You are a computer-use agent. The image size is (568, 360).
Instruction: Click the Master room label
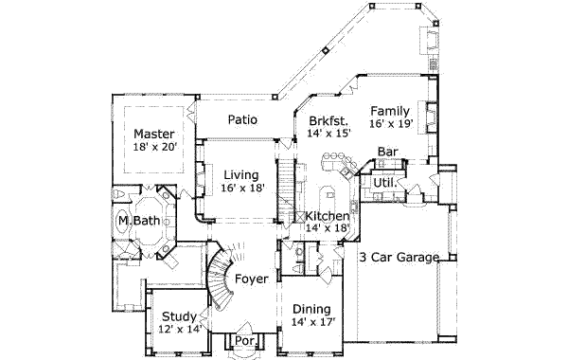pos(153,134)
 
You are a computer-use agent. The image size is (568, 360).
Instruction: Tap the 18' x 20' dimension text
pos(153,148)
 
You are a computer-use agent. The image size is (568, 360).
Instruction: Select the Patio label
pos(244,120)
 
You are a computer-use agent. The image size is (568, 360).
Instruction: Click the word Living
pos(243,174)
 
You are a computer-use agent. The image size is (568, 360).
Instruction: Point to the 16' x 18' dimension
pos(243,189)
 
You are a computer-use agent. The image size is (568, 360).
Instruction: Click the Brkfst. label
pos(328,121)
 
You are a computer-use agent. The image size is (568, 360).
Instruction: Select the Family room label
pos(391,110)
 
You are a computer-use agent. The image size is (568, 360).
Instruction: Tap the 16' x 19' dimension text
pos(391,123)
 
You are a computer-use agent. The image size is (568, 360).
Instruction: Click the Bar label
pos(387,152)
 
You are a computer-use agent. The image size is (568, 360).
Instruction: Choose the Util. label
pos(382,182)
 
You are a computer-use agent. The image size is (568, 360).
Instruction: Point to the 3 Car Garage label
pos(399,257)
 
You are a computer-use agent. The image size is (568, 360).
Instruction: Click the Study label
pos(179,316)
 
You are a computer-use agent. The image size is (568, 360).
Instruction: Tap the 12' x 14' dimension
pos(179,330)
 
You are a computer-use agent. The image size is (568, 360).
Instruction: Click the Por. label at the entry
pos(244,340)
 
